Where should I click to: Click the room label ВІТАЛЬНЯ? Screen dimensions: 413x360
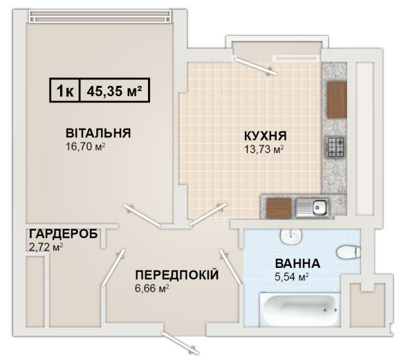tap(98, 133)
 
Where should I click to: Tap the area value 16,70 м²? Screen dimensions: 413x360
tap(85, 147)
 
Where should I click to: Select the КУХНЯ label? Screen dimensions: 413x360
tap(265, 136)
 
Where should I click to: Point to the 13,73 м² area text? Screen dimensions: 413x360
tap(264, 150)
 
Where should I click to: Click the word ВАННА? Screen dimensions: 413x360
tap(297, 264)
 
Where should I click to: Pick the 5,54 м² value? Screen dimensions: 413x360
tap(292, 277)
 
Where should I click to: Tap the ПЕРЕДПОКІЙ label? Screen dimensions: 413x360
tap(176, 275)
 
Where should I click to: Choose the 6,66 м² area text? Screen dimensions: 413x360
tap(152, 288)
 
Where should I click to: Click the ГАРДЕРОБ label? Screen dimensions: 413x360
tap(64, 234)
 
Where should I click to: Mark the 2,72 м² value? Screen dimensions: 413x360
tap(46, 247)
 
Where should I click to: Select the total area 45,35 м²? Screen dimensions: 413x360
tap(115, 91)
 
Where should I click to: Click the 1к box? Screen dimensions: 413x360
tap(65, 90)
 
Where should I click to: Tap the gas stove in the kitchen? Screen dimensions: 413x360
tap(335, 147)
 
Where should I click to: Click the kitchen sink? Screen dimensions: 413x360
tap(313, 208)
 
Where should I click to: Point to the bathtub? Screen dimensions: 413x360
tap(300, 309)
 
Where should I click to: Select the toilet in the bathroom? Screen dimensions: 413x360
tap(349, 252)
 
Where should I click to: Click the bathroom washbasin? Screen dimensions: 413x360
tap(291, 235)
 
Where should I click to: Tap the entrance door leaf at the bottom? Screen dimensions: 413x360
tap(180, 343)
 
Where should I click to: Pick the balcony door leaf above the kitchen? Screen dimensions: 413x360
tap(255, 66)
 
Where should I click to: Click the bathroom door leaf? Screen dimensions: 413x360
tap(231, 267)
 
